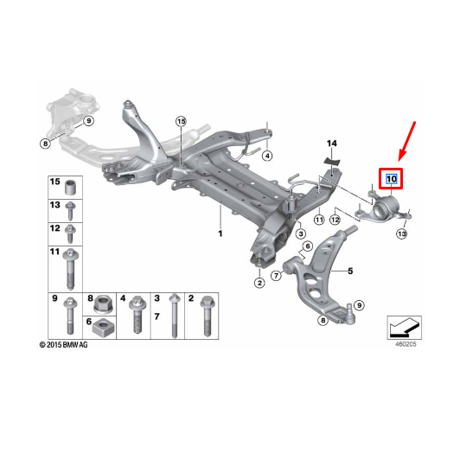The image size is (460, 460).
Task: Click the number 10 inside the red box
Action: (x=392, y=179)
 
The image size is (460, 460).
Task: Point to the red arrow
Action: (x=407, y=142)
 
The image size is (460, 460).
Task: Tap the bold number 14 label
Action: (x=332, y=144)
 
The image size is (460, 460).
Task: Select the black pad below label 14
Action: (x=331, y=161)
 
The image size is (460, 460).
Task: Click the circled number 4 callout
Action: (x=267, y=156)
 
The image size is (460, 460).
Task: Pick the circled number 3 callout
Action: (x=301, y=233)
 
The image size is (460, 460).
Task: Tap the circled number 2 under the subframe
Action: (x=259, y=283)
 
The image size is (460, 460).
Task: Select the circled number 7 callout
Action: (x=276, y=276)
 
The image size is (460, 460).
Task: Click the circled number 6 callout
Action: (x=308, y=246)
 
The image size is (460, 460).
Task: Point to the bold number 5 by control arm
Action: (x=350, y=272)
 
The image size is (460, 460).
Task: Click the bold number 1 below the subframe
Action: (x=220, y=233)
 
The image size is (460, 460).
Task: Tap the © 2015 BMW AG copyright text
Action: (x=64, y=345)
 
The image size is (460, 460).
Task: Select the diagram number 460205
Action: (x=406, y=344)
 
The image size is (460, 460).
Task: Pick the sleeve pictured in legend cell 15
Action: (x=71, y=187)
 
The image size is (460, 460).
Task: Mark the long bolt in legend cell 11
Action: (x=70, y=269)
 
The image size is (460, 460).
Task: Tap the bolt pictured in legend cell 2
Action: (x=208, y=316)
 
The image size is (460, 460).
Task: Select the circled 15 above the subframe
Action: (x=181, y=121)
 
